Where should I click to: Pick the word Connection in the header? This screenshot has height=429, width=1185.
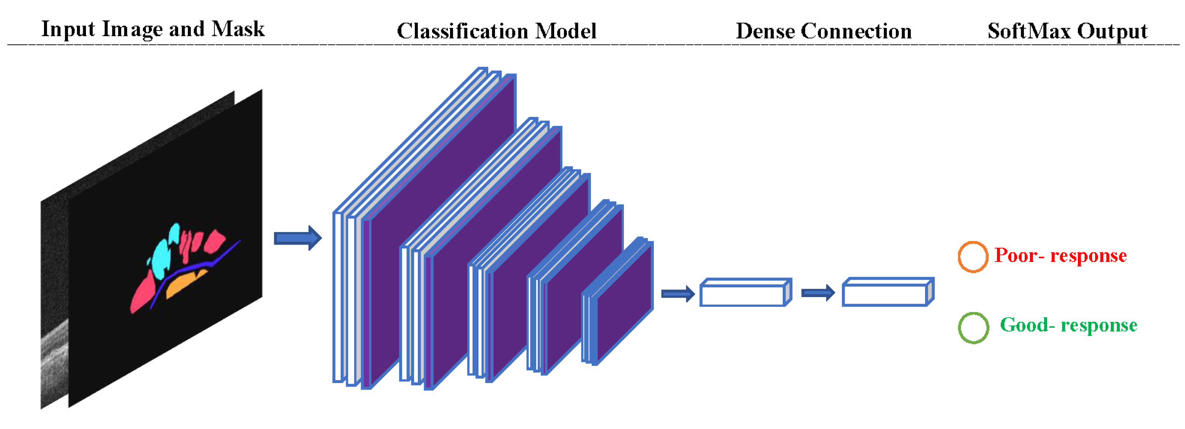point(856,31)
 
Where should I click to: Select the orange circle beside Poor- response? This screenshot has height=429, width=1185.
point(972,257)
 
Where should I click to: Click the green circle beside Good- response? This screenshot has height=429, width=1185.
point(973,328)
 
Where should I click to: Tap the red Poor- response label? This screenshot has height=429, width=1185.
point(1060,255)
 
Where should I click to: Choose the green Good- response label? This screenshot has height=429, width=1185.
point(1068,325)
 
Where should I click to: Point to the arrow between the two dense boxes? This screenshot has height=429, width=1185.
point(817,293)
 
